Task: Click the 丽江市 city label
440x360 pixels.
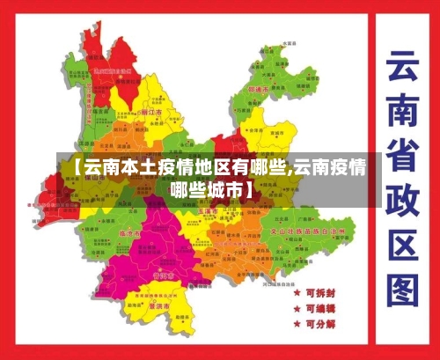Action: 150,113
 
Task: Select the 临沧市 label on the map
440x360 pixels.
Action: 130,234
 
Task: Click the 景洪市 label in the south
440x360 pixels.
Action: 159,305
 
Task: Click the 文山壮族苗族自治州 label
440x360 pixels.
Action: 303,230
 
